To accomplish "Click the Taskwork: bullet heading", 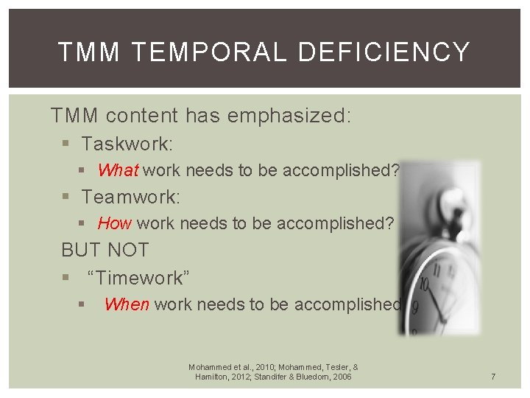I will (127, 143).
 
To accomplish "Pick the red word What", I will (118, 170).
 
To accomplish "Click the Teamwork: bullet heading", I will (131, 197).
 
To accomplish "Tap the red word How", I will (114, 223).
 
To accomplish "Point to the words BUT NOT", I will (105, 250).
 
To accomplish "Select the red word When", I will (127, 304).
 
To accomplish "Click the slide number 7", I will (493, 377).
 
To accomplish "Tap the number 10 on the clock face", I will (423, 284).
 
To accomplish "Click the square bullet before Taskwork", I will (66, 144).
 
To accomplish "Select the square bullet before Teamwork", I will (66, 198).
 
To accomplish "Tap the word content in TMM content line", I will (141, 116).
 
